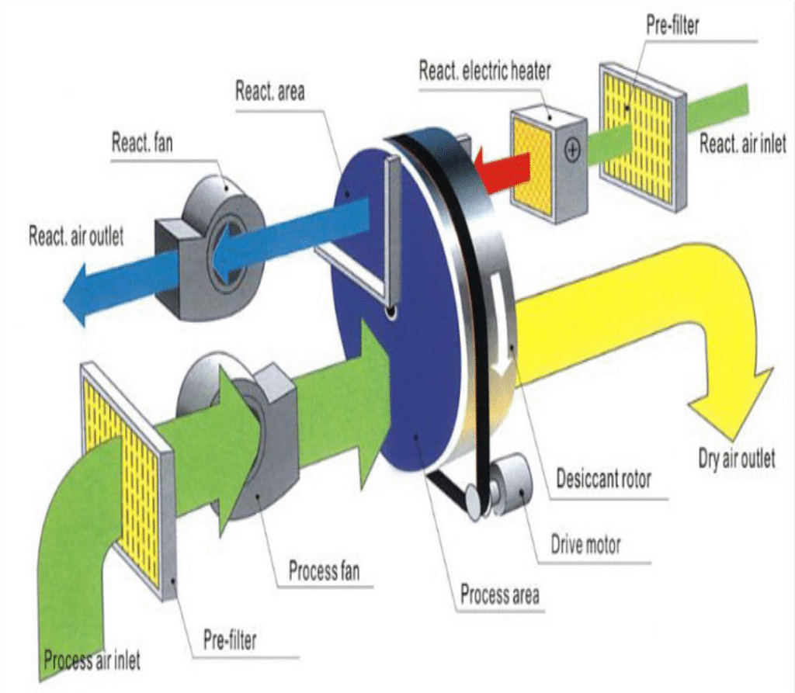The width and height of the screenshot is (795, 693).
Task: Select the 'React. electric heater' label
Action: (x=484, y=71)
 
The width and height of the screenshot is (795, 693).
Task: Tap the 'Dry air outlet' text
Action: (x=736, y=459)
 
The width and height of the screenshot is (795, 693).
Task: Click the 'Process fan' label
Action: (x=324, y=573)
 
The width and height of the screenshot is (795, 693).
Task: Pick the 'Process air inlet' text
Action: (x=92, y=662)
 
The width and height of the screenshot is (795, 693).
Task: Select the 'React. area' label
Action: (x=270, y=90)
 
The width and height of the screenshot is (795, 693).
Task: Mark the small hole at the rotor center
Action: (x=394, y=312)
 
